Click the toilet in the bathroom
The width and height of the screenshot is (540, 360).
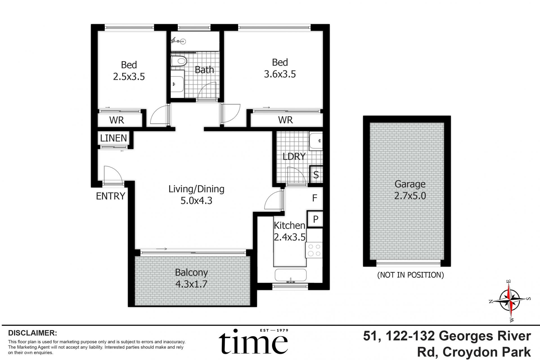click(x=179, y=61)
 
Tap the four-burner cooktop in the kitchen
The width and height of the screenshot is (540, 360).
click(x=314, y=250)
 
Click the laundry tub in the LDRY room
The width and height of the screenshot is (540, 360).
click(x=316, y=141)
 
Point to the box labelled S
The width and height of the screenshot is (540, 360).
click(x=316, y=175)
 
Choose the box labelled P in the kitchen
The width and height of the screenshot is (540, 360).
click(x=315, y=219)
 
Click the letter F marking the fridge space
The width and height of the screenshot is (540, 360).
click(x=315, y=198)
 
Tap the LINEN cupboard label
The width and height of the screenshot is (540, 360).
click(x=114, y=138)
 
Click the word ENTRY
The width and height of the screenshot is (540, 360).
click(x=111, y=196)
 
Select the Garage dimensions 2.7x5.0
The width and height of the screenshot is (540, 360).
click(x=410, y=195)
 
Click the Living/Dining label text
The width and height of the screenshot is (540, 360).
click(x=196, y=189)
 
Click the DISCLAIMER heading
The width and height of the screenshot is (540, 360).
click(x=33, y=333)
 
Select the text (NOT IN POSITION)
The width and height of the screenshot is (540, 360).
click(x=410, y=275)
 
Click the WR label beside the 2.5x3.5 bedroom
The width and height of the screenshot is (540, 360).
click(x=117, y=120)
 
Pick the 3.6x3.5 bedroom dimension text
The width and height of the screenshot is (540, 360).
click(x=280, y=74)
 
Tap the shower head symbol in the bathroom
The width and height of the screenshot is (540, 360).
click(x=178, y=41)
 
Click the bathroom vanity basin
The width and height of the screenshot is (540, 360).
click(x=177, y=84)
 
